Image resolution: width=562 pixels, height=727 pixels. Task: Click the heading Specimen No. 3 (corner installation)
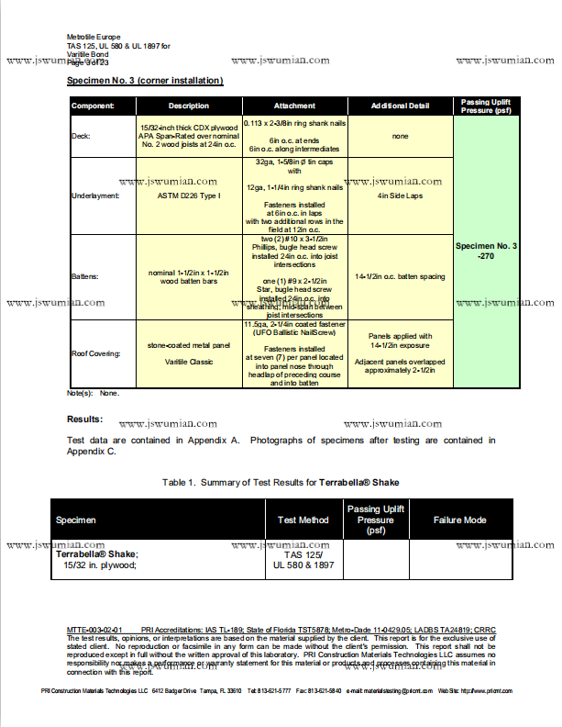[x=145, y=81]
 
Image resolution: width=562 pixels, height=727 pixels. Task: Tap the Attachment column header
[x=294, y=106]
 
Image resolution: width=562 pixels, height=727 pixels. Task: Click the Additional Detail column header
[x=400, y=106]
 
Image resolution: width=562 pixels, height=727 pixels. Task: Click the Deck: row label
[x=81, y=136]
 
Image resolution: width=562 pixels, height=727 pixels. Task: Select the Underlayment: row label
[x=94, y=196]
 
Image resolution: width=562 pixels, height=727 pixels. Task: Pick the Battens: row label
[x=85, y=276]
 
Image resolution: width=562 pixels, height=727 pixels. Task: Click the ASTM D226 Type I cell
[x=189, y=196]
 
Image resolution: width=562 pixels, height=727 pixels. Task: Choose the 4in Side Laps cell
[x=400, y=196]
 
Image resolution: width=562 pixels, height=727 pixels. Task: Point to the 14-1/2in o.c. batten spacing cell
[x=400, y=276]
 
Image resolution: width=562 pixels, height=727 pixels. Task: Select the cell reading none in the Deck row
[x=400, y=136]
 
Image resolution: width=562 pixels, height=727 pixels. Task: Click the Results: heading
[x=85, y=419]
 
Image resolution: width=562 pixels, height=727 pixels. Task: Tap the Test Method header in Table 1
[x=303, y=520]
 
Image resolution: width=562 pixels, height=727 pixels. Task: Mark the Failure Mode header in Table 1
[x=459, y=520]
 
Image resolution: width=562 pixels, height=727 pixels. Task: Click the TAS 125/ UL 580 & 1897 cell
[x=303, y=560]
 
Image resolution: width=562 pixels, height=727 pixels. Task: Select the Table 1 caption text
[x=281, y=482]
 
